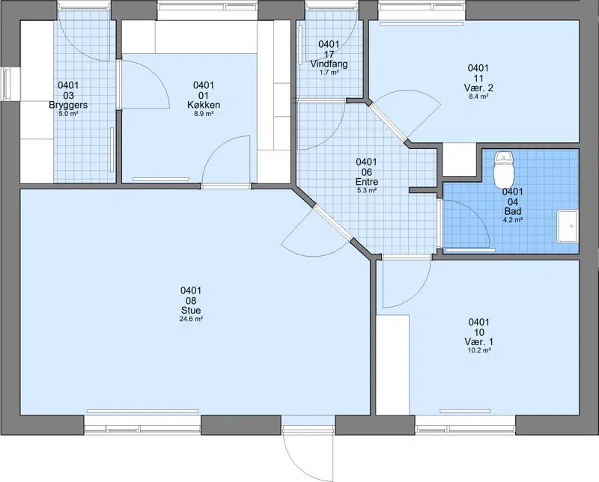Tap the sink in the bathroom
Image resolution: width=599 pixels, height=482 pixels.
coord(568,226)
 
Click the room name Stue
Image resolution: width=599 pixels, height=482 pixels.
coord(191,311)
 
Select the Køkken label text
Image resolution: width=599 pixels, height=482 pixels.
coord(204,105)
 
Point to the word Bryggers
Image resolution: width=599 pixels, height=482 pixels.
coord(68,105)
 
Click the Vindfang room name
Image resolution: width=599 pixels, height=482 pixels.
coord(329,64)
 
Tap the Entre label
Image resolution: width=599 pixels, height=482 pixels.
coord(367,182)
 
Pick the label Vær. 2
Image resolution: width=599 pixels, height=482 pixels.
coord(478,88)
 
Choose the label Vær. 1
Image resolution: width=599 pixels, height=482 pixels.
coord(479,342)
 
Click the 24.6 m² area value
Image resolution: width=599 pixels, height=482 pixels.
coord(191,319)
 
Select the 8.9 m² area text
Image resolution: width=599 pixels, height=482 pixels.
coord(204,114)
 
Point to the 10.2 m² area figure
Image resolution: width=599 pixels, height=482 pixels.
coord(479,350)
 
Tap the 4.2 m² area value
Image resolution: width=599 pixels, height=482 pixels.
coord(513,219)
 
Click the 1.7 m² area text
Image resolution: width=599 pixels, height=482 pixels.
coord(329,72)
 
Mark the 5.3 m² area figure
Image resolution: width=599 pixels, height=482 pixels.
coord(367,190)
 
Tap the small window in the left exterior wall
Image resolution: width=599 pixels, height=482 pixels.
coord(6,84)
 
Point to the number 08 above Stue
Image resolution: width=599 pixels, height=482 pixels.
coord(191,301)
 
